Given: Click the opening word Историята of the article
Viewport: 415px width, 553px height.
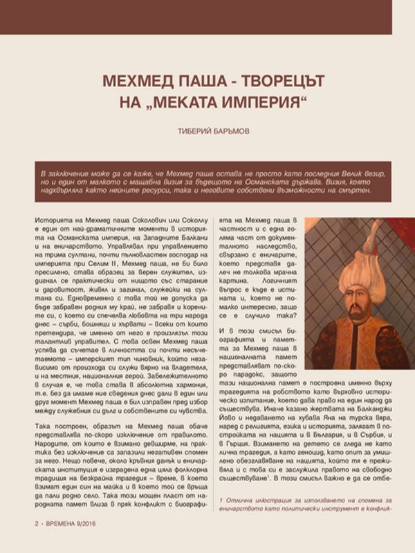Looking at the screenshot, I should pyautogui.click(x=55, y=219).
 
